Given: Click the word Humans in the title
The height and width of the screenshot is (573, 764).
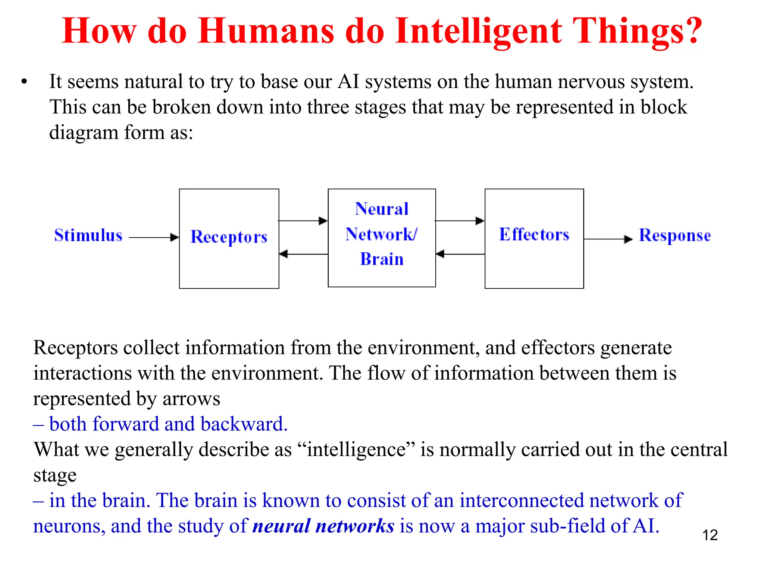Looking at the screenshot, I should pos(266,31).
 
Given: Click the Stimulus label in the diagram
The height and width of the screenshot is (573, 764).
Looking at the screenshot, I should pos(88,236).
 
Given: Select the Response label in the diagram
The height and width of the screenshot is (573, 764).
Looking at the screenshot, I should pos(675,236).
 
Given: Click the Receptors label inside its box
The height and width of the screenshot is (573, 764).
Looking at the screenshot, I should pos(229,237).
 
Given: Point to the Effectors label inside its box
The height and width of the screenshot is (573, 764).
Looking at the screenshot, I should pos(534,235).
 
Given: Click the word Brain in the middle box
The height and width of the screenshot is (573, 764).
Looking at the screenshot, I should pos(382,259).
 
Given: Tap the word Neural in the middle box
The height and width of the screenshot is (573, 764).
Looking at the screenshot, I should pos(382,209).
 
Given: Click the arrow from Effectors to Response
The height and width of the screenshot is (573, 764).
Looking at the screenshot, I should pos(608,239).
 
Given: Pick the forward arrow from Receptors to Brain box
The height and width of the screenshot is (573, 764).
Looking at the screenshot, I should pos(303,221).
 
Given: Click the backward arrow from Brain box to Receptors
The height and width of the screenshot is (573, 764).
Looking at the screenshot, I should pos(303,254).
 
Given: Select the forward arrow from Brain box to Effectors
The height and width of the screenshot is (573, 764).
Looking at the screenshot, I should pos(460,221).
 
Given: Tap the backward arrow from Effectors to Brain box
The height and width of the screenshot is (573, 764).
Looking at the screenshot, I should pos(460,254).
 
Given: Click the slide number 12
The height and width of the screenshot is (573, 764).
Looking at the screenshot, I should pos(710,535).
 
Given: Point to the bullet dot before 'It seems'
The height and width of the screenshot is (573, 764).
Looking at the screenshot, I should pos(24,82).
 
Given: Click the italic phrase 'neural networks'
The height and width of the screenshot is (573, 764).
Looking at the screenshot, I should pos(323,526).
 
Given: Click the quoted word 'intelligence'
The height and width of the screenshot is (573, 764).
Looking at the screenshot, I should pos(357,450).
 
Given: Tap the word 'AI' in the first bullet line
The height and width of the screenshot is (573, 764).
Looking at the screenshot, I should pos(348,82).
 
